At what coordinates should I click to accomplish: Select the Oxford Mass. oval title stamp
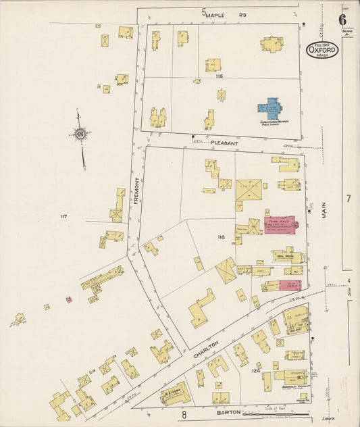322,49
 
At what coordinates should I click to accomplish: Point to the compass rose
80,134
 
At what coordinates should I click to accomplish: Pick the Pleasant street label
222,143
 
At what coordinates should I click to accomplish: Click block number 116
218,77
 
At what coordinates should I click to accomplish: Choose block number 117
63,216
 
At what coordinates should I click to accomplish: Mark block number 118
220,237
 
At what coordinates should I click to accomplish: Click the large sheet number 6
342,20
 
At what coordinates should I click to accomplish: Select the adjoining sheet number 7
349,199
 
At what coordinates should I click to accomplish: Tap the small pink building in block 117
69,299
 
